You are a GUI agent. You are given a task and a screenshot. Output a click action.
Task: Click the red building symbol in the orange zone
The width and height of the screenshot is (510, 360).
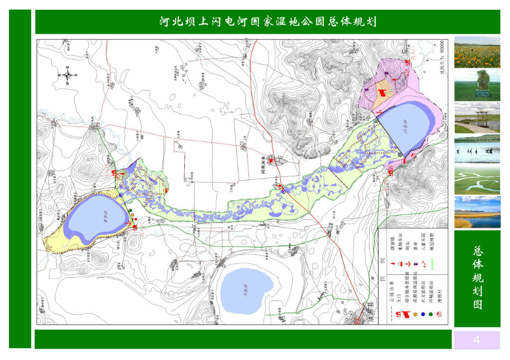pos(382,93)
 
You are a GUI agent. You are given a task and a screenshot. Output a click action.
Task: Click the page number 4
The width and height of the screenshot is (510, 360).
pos(477,340)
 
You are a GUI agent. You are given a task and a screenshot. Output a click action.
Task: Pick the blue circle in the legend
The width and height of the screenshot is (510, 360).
pos(423,315)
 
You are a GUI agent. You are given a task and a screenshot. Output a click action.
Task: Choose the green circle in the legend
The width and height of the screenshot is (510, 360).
pos(431,315)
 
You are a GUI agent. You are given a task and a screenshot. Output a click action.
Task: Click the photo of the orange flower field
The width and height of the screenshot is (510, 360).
pos(477,52)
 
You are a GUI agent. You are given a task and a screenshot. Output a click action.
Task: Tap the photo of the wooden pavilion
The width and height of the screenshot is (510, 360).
pos(477,118)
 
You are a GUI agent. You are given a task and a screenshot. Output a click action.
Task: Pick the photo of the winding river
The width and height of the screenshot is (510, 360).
pos(477,180)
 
